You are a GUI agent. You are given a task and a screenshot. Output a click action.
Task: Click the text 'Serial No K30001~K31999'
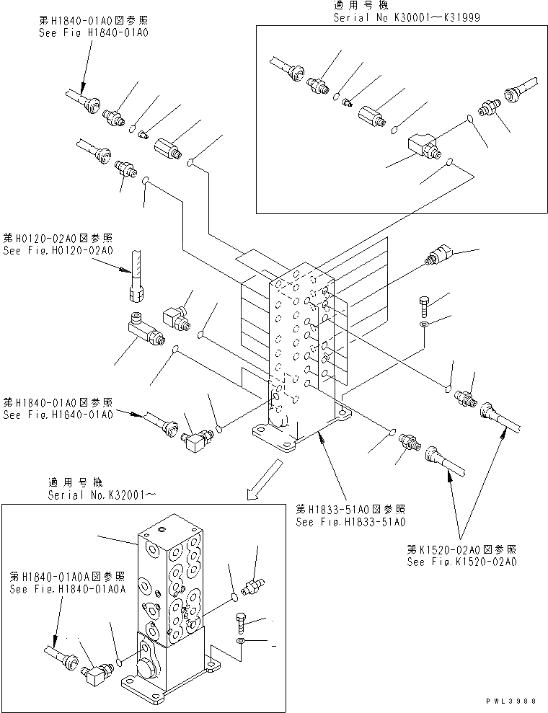click(406, 17)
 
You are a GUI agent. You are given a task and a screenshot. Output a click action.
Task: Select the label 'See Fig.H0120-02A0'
click(58, 251)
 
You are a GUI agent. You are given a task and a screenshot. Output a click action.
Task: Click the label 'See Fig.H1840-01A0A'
click(68, 588)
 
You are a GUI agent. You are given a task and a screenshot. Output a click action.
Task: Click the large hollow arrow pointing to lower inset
click(257, 483)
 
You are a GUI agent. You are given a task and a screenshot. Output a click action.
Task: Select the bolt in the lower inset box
click(242, 620)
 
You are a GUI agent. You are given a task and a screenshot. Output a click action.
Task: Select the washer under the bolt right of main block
click(424, 327)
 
